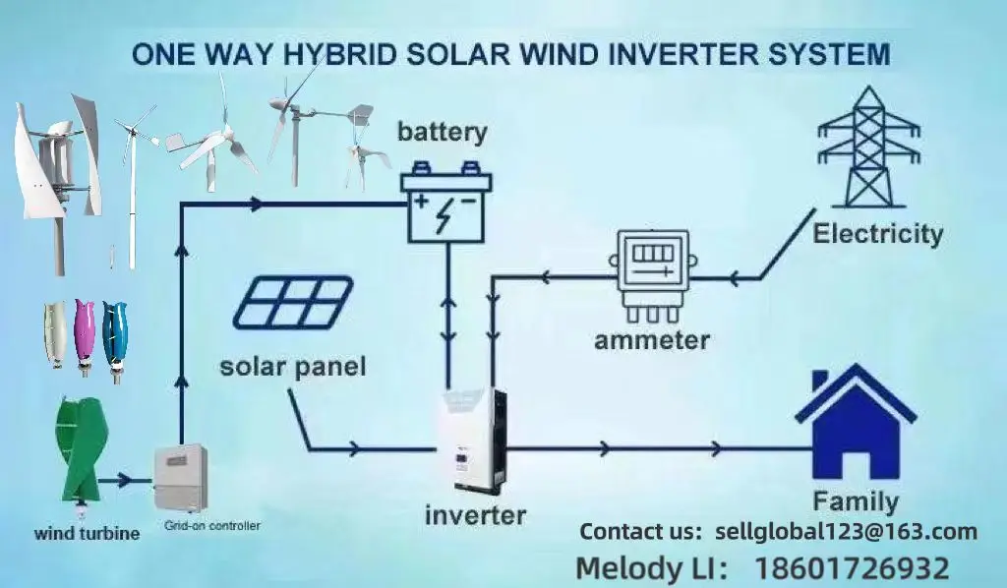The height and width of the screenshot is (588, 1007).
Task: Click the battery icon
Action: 446,204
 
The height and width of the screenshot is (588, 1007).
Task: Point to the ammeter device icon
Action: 650,273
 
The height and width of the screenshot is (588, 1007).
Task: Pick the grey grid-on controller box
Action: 182,478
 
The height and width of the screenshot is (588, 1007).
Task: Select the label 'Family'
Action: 855,501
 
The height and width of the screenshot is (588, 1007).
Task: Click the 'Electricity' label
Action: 877,234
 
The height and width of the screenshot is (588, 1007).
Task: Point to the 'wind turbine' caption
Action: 87,534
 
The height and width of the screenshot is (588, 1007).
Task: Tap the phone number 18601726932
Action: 852,568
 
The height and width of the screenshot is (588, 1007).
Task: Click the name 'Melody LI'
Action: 650,568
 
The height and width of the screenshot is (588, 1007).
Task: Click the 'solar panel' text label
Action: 292,368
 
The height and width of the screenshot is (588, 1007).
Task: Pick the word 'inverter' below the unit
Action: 475,514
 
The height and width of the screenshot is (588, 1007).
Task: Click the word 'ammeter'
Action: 651,340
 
